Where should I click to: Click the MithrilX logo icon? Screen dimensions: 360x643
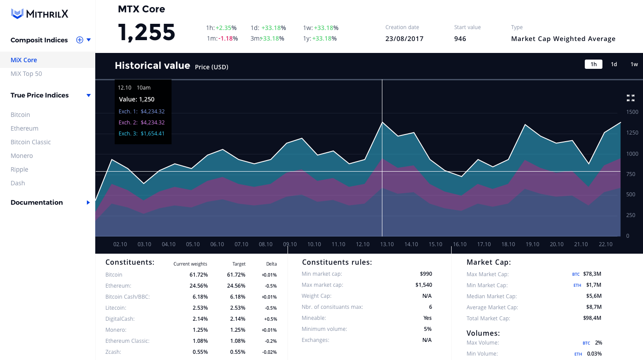tap(17, 14)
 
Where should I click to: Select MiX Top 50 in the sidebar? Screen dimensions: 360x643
tap(26, 74)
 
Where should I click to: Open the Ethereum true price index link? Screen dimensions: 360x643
tap(25, 128)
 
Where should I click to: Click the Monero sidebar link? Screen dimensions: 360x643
tap(22, 156)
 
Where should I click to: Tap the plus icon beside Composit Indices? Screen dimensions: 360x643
tap(80, 40)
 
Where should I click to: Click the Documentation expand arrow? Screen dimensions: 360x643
tap(88, 202)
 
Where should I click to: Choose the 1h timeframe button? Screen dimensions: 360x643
tap(594, 64)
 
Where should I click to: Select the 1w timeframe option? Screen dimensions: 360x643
tap(634, 64)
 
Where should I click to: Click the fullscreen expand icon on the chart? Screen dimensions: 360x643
tap(631, 98)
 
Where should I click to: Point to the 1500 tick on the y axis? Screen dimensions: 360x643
tap(632, 112)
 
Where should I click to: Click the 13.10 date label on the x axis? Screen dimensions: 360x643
tap(387, 244)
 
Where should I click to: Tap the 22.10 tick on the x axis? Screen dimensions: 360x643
tap(606, 244)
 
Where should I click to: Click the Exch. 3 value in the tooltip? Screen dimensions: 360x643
tap(153, 134)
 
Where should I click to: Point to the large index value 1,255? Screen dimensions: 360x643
tap(147, 32)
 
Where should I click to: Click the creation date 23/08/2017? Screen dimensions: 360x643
tap(404, 39)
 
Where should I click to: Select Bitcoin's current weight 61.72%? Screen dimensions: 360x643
tap(199, 275)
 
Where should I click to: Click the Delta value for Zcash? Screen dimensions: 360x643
tap(269, 352)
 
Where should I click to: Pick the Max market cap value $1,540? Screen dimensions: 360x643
tap(424, 285)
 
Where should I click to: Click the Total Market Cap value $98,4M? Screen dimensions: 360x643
tap(592, 318)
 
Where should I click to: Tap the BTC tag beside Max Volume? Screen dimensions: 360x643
tap(586, 343)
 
